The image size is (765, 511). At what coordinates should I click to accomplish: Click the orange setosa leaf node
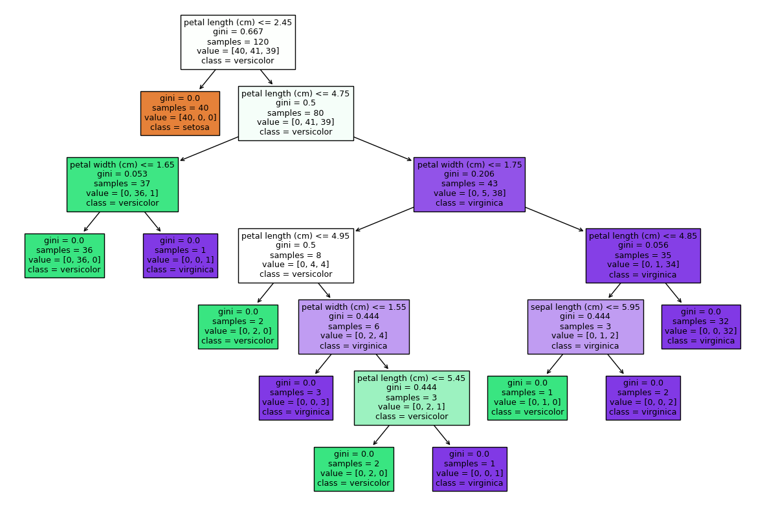(x=180, y=113)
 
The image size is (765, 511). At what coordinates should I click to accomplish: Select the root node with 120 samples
(x=238, y=42)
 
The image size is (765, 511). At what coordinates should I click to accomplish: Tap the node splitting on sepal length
(x=586, y=327)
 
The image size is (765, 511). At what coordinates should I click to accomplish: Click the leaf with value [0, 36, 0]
(x=65, y=255)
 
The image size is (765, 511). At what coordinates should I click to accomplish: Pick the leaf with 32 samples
(x=701, y=327)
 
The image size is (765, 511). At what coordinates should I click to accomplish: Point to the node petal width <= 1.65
(x=122, y=184)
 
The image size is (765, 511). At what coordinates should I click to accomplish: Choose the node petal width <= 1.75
(x=469, y=184)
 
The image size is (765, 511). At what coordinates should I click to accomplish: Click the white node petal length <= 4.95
(x=296, y=255)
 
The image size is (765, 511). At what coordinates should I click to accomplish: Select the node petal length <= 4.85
(x=643, y=255)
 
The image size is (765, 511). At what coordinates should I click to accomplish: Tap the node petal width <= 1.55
(x=354, y=327)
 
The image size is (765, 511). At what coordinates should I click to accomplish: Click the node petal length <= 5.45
(x=412, y=398)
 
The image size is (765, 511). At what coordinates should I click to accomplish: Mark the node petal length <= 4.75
(x=296, y=113)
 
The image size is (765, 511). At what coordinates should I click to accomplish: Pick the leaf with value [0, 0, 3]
(x=296, y=398)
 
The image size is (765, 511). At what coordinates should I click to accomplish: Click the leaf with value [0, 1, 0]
(x=527, y=398)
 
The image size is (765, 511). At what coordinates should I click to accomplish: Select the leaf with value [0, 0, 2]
(x=643, y=398)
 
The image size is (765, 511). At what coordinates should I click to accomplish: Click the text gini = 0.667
(x=238, y=32)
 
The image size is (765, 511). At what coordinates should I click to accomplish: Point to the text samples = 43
(x=469, y=184)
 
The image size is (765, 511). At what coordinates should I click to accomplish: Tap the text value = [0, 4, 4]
(x=296, y=265)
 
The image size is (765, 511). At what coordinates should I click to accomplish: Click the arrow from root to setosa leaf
(x=207, y=80)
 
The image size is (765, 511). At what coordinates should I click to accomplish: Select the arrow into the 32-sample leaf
(x=674, y=293)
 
